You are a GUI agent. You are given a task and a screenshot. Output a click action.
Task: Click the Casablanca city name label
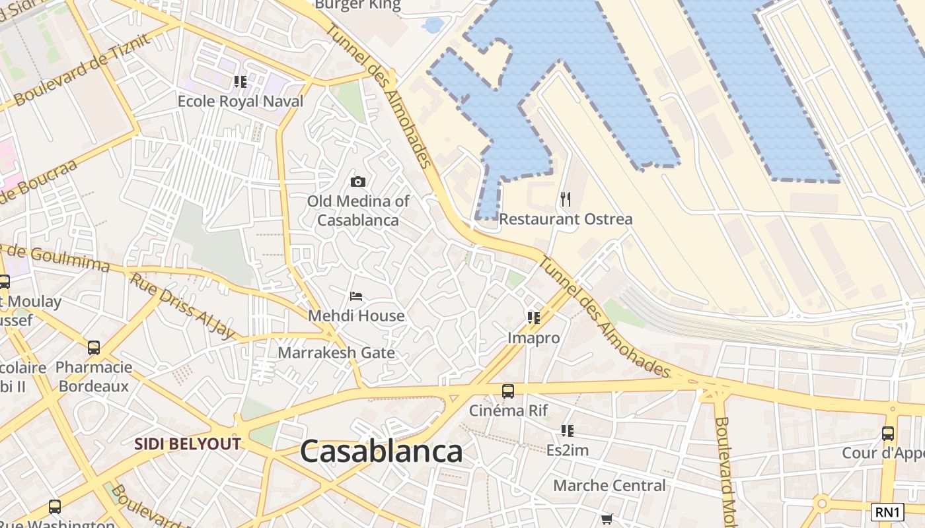(381, 452)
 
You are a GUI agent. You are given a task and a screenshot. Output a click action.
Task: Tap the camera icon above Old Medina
(358, 181)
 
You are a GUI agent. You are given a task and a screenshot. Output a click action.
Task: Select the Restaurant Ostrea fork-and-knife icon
(565, 199)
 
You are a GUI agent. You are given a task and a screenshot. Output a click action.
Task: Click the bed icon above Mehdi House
(356, 296)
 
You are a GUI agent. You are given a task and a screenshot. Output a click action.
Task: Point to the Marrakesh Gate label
(336, 352)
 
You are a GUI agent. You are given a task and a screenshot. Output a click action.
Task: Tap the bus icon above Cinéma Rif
(507, 391)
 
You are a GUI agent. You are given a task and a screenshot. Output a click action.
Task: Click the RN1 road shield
(887, 511)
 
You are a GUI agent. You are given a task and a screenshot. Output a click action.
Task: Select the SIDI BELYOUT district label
(188, 444)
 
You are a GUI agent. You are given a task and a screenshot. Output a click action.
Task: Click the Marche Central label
(609, 486)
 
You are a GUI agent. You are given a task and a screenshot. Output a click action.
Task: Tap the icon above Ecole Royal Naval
(240, 82)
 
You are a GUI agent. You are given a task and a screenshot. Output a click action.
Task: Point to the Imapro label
(533, 338)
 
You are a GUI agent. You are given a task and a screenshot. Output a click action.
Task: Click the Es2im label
(567, 451)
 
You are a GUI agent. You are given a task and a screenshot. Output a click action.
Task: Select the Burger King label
(357, 5)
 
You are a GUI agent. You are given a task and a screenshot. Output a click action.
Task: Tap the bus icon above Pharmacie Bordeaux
(94, 347)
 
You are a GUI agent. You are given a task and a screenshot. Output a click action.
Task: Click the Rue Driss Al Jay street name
(182, 306)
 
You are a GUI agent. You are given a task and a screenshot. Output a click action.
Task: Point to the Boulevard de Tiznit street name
(83, 69)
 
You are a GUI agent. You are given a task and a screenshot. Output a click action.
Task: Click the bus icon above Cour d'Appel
(888, 434)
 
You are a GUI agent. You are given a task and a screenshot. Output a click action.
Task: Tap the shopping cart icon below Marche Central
(607, 519)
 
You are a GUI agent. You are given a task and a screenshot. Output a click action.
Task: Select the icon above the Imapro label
(534, 318)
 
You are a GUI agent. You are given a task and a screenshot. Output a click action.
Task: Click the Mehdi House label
(356, 315)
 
